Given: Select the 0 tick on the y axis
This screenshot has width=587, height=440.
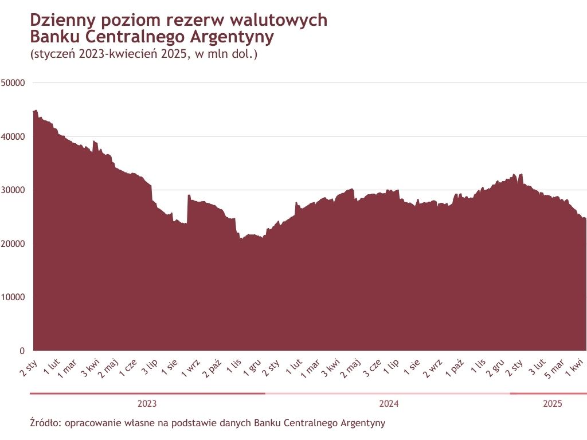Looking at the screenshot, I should pos(22,351).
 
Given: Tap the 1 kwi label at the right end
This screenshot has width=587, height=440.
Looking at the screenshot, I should pos(575,366).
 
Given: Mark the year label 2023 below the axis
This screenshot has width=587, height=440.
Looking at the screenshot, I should pos(147,404).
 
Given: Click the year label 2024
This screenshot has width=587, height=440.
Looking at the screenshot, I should pos(389,404).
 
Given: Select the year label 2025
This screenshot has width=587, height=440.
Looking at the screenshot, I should pos(553,404).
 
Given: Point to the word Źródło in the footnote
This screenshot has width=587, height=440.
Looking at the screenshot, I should pos(45,423).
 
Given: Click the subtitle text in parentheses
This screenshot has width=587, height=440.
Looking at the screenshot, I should pos(143,55).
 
